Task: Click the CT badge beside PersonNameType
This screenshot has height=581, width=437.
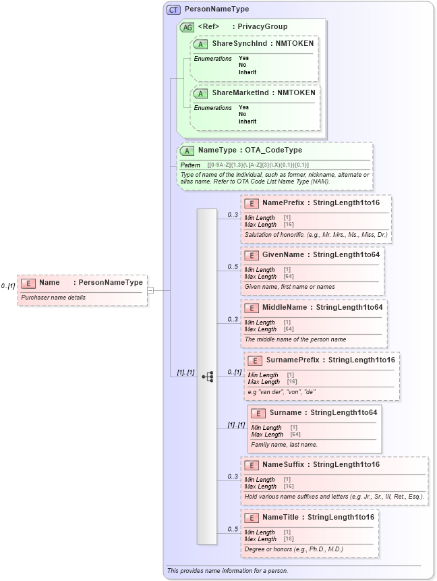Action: tap(173, 9)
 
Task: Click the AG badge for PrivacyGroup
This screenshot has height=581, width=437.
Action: tap(187, 27)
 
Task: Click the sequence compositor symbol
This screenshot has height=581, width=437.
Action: tap(208, 377)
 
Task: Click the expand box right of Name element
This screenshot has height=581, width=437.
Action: tap(150, 290)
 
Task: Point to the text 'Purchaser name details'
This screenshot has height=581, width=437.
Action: tap(53, 298)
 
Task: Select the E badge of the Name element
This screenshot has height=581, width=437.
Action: tap(28, 283)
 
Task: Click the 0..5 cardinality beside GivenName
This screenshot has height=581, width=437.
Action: tap(233, 267)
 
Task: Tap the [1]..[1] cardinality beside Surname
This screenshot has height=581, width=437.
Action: tap(236, 424)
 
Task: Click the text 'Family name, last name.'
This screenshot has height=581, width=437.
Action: tap(284, 445)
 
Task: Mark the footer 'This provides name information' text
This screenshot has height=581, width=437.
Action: tap(227, 571)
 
